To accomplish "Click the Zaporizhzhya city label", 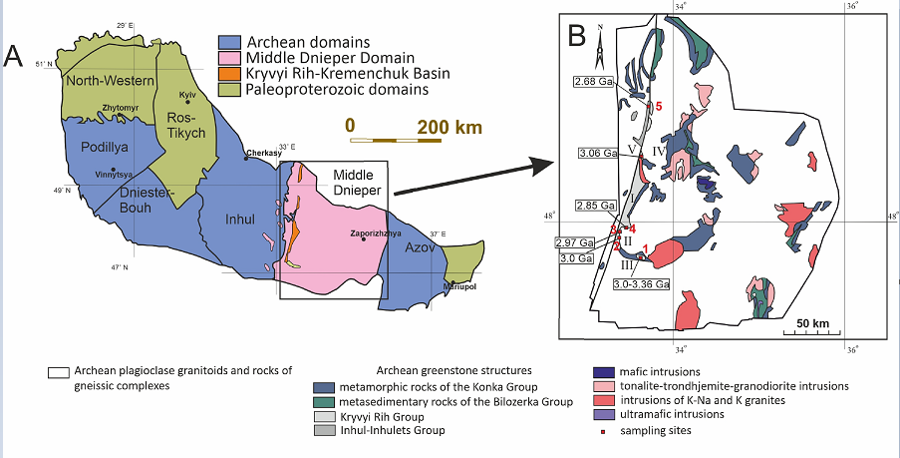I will [349, 234].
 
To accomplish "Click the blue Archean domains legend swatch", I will [228, 43].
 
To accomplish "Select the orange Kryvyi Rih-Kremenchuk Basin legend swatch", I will [228, 75].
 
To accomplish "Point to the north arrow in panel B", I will [600, 44].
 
